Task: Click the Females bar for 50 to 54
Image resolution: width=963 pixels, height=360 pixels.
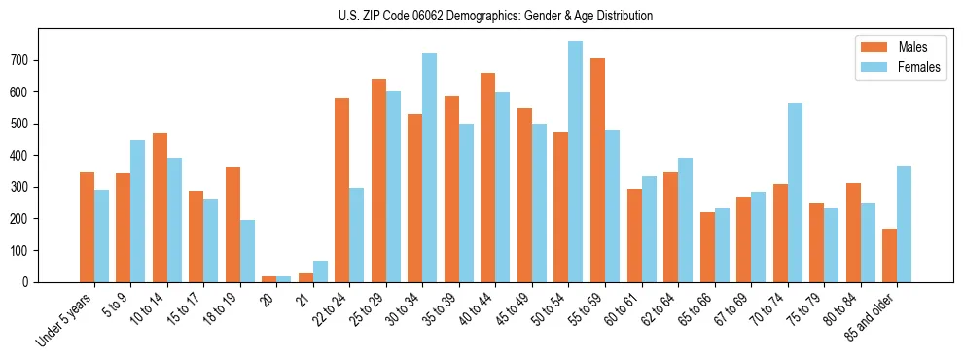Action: pos(575,162)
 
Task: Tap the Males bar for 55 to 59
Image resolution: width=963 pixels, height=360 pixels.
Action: pos(597,170)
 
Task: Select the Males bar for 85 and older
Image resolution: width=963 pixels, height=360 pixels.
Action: pos(889,255)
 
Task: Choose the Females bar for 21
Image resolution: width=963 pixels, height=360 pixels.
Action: pos(320,271)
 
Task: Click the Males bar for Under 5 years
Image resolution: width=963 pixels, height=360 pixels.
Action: pos(87,227)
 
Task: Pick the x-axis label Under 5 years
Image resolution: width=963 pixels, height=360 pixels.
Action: pos(65,320)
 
